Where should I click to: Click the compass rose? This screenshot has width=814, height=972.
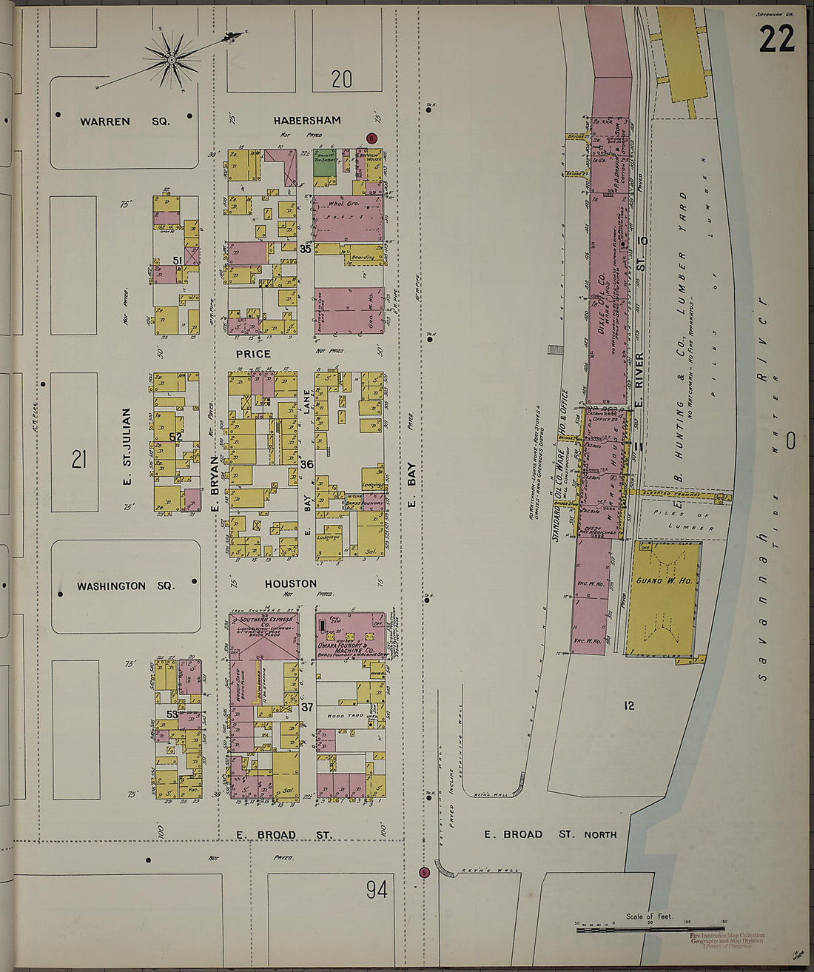pos(172,58)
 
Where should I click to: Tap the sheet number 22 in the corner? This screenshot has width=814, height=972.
pos(776,39)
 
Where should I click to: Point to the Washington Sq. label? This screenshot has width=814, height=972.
pos(126,586)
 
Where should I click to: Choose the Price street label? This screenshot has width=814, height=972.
pos(253,354)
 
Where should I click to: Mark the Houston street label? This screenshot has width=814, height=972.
pos(291,584)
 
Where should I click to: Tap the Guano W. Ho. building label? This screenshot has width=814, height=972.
pos(664,581)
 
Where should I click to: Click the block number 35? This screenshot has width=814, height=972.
pos(306,249)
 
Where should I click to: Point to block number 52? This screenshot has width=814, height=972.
pos(175,438)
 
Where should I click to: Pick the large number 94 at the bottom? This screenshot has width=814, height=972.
pos(377,889)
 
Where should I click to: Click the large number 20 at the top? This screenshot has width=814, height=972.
pos(341,78)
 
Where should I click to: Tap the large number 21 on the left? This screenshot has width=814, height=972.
pos(79,460)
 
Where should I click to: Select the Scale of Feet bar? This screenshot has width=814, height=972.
pos(650,928)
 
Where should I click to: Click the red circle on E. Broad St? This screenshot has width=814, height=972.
pos(424,872)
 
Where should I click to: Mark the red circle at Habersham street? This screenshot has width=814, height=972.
pos(371,138)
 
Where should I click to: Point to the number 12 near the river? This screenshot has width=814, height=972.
pos(628,705)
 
